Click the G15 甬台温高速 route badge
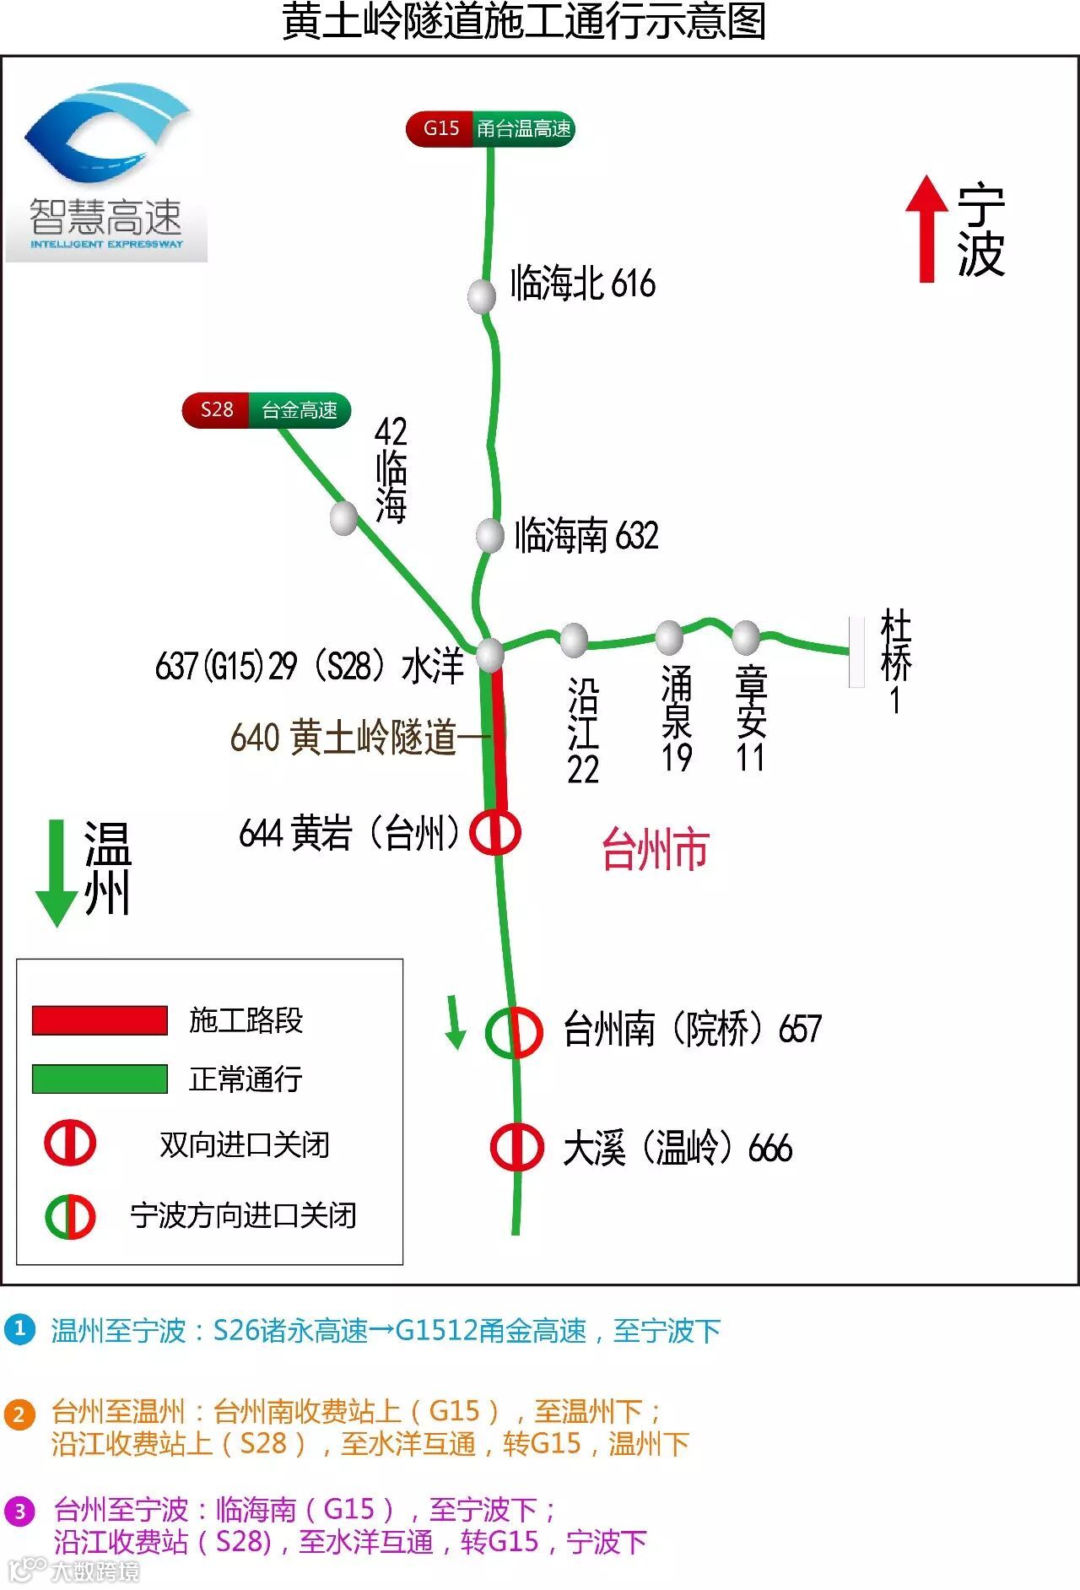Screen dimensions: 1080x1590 [490, 129]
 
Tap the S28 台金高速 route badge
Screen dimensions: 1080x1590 [267, 410]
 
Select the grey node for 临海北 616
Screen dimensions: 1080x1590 [482, 295]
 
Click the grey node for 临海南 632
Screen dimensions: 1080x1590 [490, 535]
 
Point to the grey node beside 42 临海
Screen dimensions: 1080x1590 [343, 517]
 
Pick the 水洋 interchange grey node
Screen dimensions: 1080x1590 [489, 654]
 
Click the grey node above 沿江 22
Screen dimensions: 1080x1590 [574, 640]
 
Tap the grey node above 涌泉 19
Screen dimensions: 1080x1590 [669, 637]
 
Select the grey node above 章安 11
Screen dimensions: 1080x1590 [746, 637]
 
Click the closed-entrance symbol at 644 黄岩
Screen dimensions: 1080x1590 [495, 833]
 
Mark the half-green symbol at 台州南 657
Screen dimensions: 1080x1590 [514, 1031]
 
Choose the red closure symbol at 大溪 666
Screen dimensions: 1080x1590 [516, 1147]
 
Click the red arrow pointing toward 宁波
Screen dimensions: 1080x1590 [926, 228]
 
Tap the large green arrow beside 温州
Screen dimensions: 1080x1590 [57, 873]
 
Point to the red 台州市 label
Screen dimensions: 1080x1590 [655, 849]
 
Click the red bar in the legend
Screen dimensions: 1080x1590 [100, 1019]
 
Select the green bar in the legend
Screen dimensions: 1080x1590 [100, 1079]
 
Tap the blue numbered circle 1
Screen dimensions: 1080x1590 [19, 1329]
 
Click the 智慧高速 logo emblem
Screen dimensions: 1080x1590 [107, 135]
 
